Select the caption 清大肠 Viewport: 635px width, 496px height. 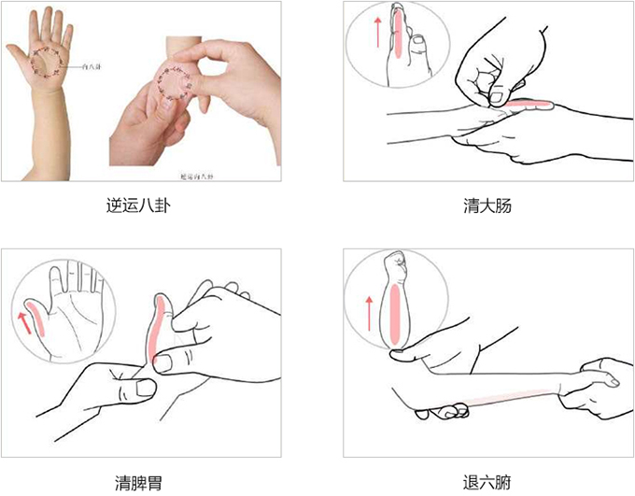487,204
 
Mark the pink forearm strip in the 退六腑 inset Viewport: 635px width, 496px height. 397,313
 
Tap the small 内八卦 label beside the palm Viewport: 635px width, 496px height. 92,68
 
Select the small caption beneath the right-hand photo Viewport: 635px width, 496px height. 196,175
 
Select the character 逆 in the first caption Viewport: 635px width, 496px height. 115,204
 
